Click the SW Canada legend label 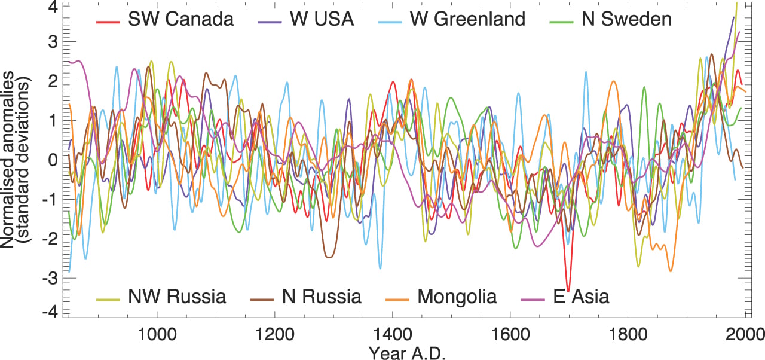(180, 19)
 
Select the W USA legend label (322, 19)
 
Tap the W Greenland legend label (467, 19)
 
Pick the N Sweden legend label (626, 19)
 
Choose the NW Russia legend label (177, 296)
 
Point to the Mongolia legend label (457, 296)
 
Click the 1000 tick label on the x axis (157, 333)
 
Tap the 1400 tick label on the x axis (392, 333)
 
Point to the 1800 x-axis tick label (628, 333)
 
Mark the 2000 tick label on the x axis (743, 333)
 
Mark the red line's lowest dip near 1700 (568, 289)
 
